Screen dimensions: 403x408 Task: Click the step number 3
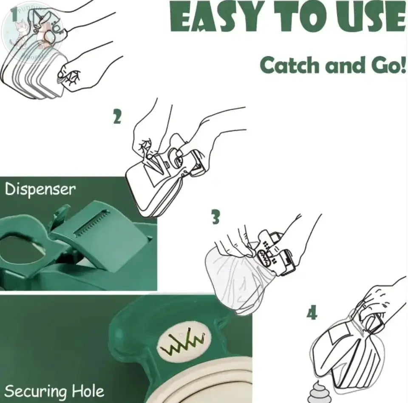point(216,218)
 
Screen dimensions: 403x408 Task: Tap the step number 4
point(312,314)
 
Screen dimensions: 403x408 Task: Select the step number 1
point(14,15)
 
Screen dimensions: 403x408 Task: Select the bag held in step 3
point(232,278)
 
